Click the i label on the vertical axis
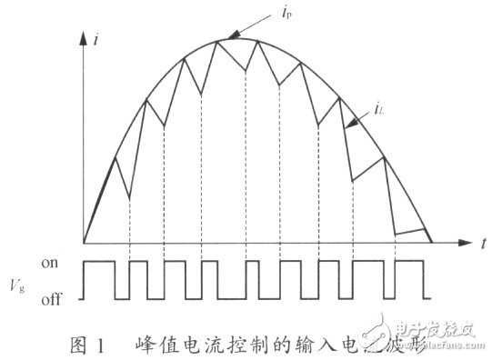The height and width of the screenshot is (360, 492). [x=96, y=40]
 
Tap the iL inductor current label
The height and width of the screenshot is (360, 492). [x=377, y=110]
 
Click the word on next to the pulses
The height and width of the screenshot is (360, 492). [x=51, y=262]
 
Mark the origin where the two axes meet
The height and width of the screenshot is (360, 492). [x=83, y=243]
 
